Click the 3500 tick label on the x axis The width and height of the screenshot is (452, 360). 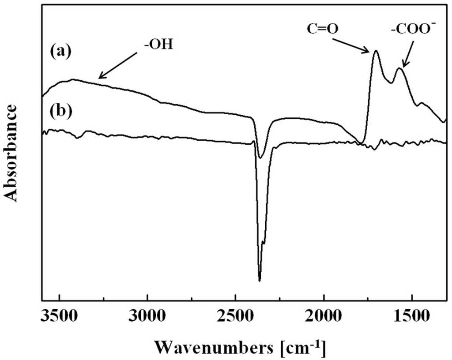pos(60,316)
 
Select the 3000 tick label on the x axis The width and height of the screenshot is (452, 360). pos(147,316)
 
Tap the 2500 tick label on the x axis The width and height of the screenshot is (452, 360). pos(236,316)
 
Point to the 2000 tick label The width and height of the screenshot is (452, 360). pos(324,316)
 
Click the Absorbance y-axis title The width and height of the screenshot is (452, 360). pos(11,153)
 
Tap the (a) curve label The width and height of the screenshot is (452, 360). pos(60,52)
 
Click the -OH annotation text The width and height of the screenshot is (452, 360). pos(159,45)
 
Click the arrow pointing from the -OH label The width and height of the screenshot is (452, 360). pos(117,65)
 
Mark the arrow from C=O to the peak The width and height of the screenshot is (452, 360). pos(351,45)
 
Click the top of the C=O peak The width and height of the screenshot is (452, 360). pos(376,51)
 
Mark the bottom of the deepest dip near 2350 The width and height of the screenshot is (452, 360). pos(260,281)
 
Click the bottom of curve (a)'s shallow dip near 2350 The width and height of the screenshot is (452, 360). pos(260,158)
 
